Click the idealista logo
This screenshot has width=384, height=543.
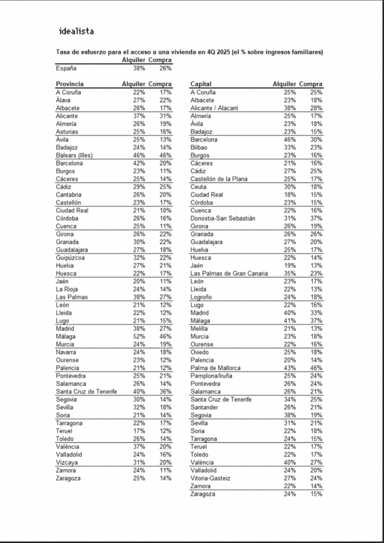[76, 31]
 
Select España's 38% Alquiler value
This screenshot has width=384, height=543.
[138, 68]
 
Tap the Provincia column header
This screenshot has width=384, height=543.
[69, 84]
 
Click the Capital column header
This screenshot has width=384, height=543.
[200, 84]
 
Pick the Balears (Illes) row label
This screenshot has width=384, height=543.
[74, 155]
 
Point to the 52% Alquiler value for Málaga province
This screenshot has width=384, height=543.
[138, 337]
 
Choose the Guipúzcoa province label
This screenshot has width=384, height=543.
[71, 258]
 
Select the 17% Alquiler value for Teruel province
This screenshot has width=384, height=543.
[138, 431]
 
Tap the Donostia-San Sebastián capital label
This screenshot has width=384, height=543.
[223, 218]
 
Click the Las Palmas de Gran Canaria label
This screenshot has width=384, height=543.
[229, 274]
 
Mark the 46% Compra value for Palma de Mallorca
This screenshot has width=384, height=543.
[316, 368]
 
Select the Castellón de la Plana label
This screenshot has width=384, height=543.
[218, 179]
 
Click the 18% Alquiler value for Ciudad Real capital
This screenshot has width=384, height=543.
[289, 195]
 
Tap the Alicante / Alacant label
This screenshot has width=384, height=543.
[214, 108]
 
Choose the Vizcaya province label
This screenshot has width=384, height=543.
[67, 462]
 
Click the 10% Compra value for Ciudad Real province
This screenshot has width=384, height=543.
[165, 211]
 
